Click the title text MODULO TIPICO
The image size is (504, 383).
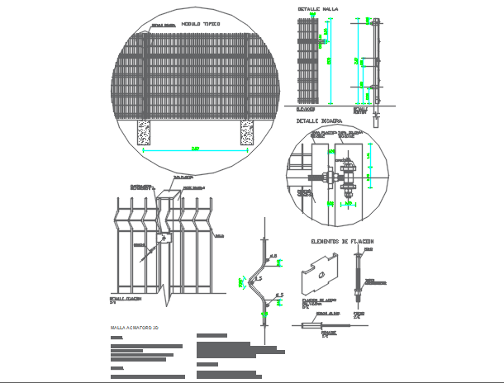[x=200, y=25]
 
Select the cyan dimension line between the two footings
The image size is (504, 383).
[x=196, y=149]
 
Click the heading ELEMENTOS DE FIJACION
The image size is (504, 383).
[x=342, y=241]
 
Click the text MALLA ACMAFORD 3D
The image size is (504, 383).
[x=138, y=329]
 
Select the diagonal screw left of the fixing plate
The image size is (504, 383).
[x=149, y=251]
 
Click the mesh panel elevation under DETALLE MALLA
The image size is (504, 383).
[x=307, y=62]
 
